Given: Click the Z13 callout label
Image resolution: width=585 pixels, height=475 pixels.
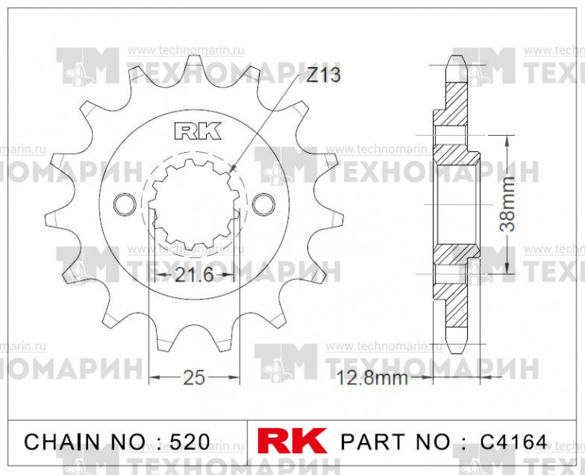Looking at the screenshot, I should (323, 76).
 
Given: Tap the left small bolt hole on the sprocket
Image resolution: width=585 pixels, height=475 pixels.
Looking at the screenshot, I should (123, 204).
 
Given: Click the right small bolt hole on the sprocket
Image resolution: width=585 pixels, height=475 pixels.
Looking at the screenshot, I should (266, 204).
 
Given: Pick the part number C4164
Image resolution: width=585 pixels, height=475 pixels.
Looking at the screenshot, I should (516, 441).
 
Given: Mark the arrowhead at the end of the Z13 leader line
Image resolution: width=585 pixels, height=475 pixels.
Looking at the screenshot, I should (232, 169).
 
